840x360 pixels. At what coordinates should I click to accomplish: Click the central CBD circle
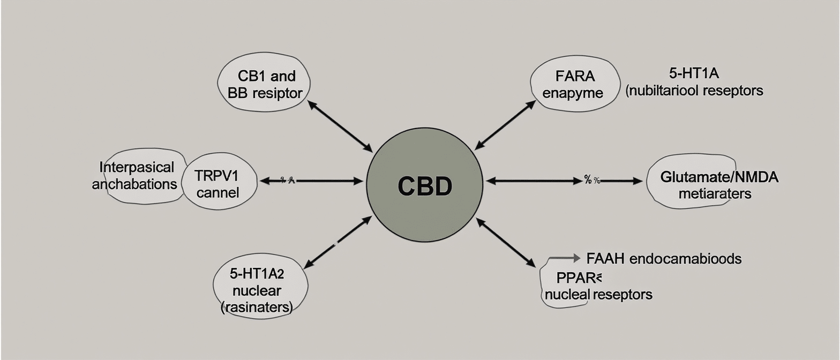coord(424,186)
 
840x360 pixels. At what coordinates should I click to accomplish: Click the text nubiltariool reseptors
coord(694,91)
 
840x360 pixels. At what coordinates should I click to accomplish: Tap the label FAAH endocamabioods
coord(664,259)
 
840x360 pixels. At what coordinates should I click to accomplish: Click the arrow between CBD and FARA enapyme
coord(505,124)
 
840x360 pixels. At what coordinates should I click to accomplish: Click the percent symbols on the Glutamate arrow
coord(591,181)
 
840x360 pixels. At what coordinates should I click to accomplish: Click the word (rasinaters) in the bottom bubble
coord(257,307)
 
